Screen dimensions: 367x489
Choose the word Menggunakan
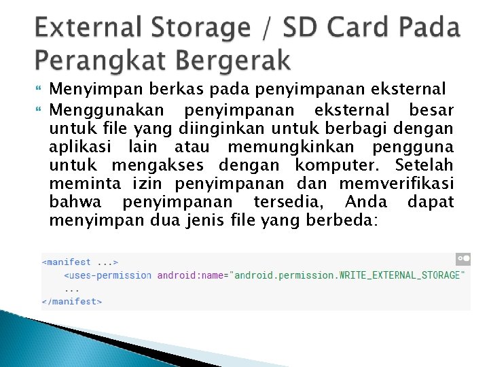pos(107,110)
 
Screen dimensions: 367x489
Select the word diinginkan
pos(219,128)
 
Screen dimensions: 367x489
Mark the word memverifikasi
pos(396,183)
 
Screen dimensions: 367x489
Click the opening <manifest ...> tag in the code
pos(80,262)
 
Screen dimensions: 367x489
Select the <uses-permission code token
pos(108,275)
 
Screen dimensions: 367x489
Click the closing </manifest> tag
pos(72,301)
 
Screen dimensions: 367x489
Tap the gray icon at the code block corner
pos(463,259)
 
